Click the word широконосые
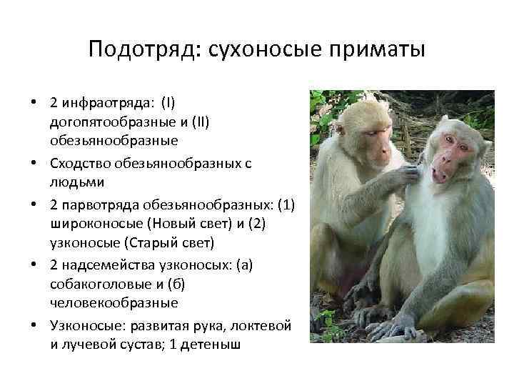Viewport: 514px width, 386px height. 91,224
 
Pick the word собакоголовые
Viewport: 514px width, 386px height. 94,284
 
